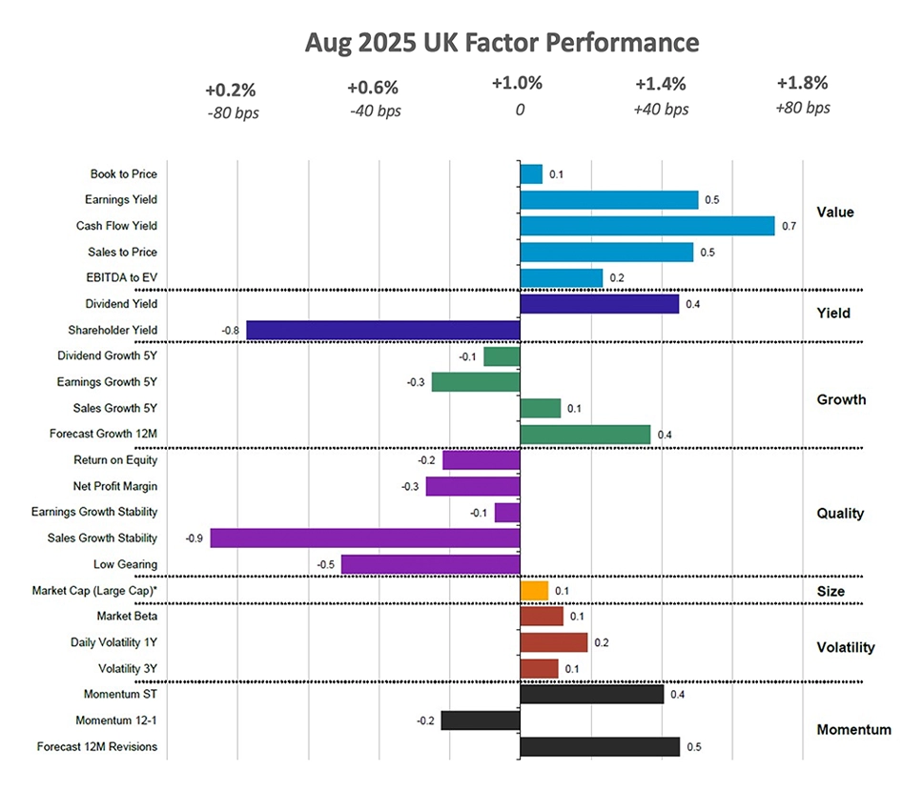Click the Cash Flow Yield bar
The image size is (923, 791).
point(646,226)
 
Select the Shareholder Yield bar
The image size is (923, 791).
point(383,330)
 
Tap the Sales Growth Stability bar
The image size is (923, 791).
point(365,538)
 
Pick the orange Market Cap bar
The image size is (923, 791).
point(534,591)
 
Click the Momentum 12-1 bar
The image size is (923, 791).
point(481,720)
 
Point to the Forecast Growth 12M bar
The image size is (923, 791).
point(585,435)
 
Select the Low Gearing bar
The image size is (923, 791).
point(431,565)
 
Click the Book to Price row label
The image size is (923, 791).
point(124,174)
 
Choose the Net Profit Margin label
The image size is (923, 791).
point(115,486)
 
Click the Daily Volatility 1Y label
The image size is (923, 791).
point(114,642)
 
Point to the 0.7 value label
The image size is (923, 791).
point(789,227)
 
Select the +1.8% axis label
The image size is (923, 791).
point(803,83)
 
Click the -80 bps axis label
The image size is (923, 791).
point(232,112)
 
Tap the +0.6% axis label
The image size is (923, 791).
point(374,89)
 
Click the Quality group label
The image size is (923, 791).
point(840,513)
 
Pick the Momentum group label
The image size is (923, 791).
point(853,730)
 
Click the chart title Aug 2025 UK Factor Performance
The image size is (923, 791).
point(502,43)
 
